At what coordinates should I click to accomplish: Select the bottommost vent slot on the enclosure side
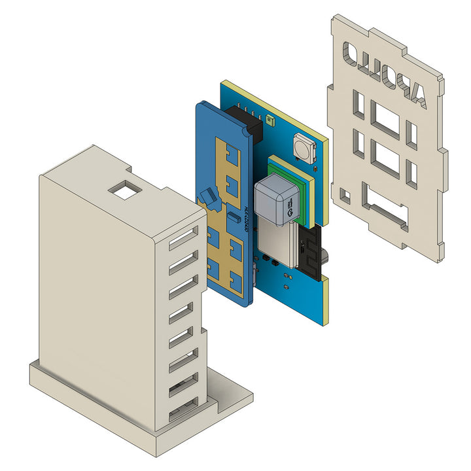[184, 413]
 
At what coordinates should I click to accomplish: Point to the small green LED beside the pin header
[268, 120]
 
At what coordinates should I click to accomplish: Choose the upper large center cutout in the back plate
[385, 120]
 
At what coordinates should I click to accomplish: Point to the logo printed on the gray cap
[288, 211]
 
